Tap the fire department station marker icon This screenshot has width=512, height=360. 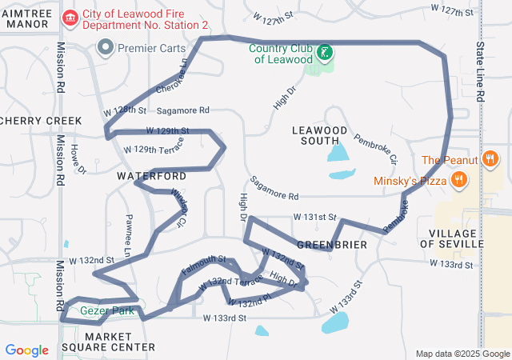click(x=70, y=17)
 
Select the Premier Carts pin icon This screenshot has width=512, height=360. click(x=105, y=49)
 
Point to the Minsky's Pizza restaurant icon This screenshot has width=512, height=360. click(x=459, y=180)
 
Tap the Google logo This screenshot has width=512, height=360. click(x=27, y=350)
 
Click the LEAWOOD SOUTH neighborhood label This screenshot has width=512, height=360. click(x=320, y=135)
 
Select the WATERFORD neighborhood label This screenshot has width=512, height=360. click(x=152, y=175)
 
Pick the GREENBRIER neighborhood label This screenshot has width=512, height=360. click(x=331, y=244)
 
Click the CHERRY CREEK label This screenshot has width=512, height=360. click(x=41, y=121)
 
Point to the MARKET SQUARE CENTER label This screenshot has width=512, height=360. click(x=120, y=342)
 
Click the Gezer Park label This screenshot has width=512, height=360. click(x=106, y=310)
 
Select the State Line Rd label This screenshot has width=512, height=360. click(x=481, y=72)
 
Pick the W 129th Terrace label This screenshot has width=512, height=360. click(x=154, y=150)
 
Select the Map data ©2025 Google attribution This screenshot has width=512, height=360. click(x=462, y=354)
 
